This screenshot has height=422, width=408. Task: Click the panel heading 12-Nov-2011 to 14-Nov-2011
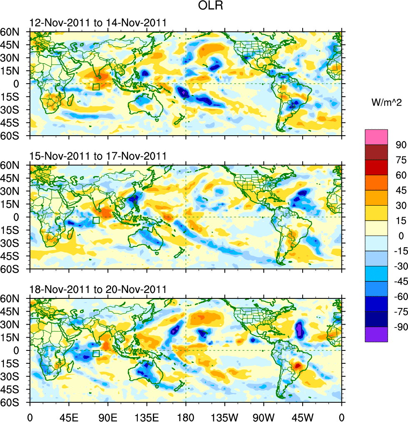pos(98,23)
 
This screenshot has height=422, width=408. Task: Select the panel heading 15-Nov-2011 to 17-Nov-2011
pos(98,156)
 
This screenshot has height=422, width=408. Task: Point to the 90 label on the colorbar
pos(401,145)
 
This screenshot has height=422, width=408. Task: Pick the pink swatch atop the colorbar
pos(376,137)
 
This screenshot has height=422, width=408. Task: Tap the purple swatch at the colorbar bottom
pos(376,335)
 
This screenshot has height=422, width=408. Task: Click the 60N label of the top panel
pos(14,32)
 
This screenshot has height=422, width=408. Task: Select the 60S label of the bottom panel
pos(14,402)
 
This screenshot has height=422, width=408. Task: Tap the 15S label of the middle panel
pos(14,230)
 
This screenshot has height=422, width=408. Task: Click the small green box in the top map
pos(96,87)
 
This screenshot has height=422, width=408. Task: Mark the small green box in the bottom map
pos(96,353)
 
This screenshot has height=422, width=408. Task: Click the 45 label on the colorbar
pos(401,191)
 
